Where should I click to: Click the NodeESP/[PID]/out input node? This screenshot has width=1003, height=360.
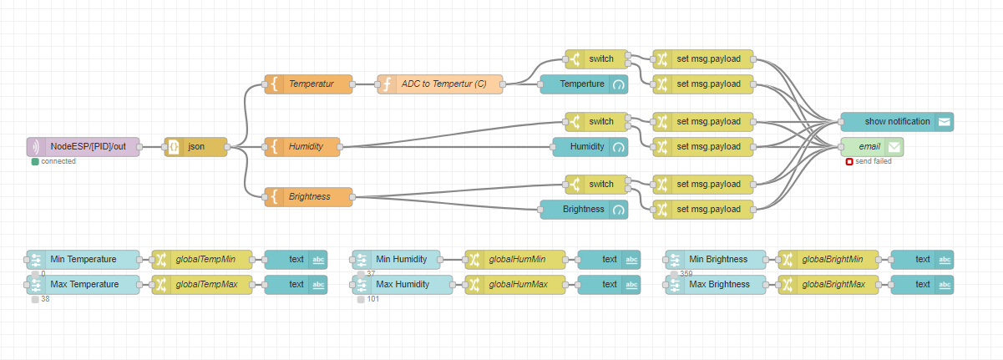click(x=84, y=147)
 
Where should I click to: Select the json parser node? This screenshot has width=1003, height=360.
click(x=195, y=147)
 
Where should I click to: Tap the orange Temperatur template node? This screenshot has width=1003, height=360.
click(x=308, y=84)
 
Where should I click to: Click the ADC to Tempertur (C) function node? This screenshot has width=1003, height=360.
click(x=440, y=84)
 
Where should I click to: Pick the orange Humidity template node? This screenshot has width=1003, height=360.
click(x=302, y=147)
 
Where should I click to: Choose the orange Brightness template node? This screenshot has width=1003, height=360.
click(x=308, y=197)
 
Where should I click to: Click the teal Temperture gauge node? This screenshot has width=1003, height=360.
click(x=584, y=84)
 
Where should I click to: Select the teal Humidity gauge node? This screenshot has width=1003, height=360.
click(x=590, y=147)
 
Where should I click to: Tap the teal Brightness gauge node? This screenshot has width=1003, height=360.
click(x=584, y=210)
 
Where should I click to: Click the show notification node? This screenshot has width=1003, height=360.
click(x=897, y=122)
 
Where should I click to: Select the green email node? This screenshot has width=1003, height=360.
click(x=872, y=147)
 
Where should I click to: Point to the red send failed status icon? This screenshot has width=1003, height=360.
click(x=849, y=162)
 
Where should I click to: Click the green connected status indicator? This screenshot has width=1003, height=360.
click(x=35, y=162)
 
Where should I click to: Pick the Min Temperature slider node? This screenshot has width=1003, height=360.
click(x=84, y=260)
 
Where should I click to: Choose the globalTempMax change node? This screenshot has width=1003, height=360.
click(x=202, y=285)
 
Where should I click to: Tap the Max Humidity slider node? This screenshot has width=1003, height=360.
click(x=403, y=285)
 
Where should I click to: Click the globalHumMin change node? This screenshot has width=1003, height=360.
click(x=515, y=260)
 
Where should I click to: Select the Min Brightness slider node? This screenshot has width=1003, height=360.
click(x=716, y=260)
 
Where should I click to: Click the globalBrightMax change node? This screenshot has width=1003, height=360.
click(x=828, y=285)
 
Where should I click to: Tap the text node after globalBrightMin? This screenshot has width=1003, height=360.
click(x=922, y=260)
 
